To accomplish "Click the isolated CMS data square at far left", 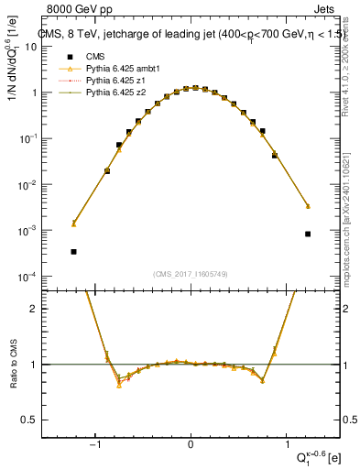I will [x=73, y=251].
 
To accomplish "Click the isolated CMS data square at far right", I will [x=308, y=234].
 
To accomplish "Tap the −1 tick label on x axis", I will [x=94, y=445].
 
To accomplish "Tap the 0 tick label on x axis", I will [x=191, y=445].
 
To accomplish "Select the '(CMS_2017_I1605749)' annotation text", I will [x=191, y=274].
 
